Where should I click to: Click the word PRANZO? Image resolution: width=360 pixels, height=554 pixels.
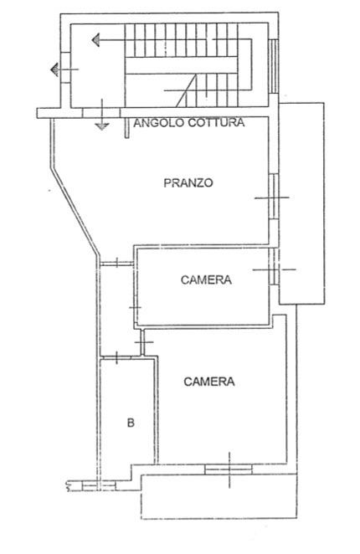(188, 182)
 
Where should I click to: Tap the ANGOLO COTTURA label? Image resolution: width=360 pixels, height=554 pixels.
(189, 123)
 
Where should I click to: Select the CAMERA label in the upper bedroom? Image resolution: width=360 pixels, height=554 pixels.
(206, 280)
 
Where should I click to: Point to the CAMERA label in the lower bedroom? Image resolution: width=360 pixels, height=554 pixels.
(209, 382)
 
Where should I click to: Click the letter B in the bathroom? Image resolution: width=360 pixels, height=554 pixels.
(131, 423)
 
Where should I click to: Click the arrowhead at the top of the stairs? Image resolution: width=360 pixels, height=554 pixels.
(95, 39)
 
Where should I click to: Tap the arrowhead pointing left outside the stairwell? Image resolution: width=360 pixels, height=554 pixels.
(54, 69)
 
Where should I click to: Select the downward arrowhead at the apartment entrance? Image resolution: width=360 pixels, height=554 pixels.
(102, 126)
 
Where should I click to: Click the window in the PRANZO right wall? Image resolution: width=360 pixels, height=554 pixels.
(274, 197)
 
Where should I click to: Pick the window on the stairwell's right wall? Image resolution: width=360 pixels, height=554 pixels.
(274, 66)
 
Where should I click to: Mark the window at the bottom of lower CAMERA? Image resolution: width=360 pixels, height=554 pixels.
(229, 469)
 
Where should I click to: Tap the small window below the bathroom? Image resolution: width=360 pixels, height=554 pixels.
(99, 486)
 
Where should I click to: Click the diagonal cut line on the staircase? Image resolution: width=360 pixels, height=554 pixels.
(186, 91)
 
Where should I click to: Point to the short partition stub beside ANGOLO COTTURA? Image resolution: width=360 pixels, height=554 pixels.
(127, 127)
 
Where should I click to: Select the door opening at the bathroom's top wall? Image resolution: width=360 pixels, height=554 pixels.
(116, 357)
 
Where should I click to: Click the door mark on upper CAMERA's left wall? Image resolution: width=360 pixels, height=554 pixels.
(135, 307)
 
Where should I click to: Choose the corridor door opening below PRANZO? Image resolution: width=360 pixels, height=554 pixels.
(116, 264)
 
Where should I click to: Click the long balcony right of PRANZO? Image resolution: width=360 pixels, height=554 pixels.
(301, 203)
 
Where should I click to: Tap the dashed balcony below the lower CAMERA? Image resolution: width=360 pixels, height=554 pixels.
(219, 496)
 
